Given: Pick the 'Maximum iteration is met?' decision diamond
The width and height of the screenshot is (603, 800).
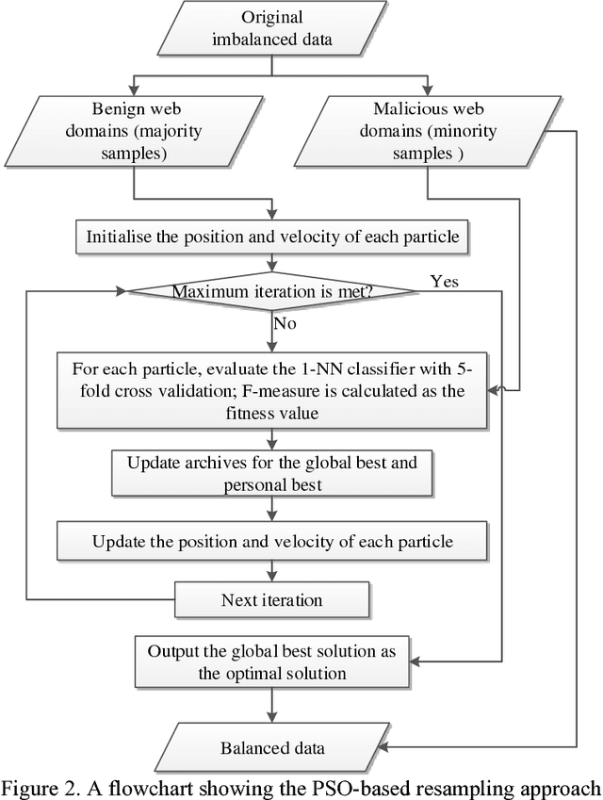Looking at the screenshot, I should pos(272,291).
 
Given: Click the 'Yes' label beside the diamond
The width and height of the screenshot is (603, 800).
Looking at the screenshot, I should pos(444,281).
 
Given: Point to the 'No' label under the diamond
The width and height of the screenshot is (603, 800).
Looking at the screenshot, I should pos(285,324).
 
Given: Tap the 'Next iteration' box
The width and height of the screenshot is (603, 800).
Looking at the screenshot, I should pos(271,600).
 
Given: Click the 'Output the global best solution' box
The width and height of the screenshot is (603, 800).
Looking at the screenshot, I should pos(271,662).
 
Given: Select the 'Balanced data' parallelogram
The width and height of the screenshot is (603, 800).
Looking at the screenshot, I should pos(271,748).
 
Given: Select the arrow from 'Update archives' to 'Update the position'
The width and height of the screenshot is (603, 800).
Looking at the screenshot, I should pos(271,509).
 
